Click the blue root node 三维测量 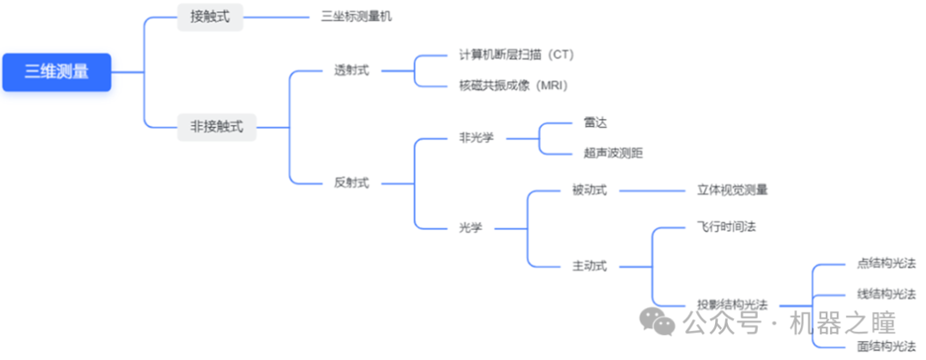(x=57, y=73)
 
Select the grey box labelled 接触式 (x=209, y=15)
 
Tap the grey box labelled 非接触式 (x=216, y=127)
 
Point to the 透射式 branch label (x=352, y=70)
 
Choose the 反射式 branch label (x=352, y=182)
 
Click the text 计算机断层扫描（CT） (x=516, y=55)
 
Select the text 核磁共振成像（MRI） (x=514, y=85)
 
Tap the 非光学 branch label (x=478, y=137)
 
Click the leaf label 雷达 (x=595, y=123)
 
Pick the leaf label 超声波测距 (x=612, y=153)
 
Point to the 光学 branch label (x=471, y=227)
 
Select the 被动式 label (x=589, y=189)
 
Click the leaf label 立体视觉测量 (x=732, y=189)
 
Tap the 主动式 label (x=589, y=266)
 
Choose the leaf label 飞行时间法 (x=726, y=227)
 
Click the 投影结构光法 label (x=731, y=304)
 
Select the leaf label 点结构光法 (x=887, y=264)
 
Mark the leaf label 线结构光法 (x=887, y=294)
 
